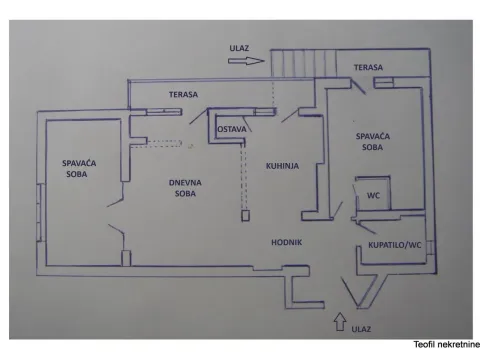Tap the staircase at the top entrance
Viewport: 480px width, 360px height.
[x=293, y=64]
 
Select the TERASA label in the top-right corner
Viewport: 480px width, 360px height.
[x=368, y=68]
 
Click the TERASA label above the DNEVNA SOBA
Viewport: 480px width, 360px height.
[x=183, y=95]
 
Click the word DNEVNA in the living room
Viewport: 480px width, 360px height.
[x=181, y=182]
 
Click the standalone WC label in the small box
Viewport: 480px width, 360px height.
[x=373, y=195]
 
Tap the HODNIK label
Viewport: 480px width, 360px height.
[x=287, y=243]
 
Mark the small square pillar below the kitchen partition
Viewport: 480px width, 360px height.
[x=244, y=214]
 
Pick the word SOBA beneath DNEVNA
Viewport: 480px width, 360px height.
[x=182, y=194]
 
